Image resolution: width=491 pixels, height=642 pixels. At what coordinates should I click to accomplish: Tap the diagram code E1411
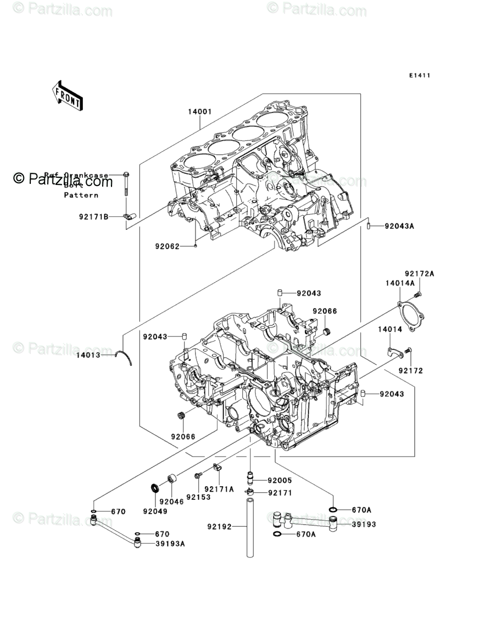click(x=419, y=76)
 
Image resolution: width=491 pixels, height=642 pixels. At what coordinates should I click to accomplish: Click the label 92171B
click(x=93, y=217)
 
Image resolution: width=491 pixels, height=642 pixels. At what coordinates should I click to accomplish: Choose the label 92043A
click(x=399, y=226)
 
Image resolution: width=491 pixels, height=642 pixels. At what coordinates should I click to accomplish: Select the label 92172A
click(x=420, y=273)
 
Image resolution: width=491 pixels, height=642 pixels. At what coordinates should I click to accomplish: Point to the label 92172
click(x=411, y=371)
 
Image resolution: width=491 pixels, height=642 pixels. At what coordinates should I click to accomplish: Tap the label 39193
click(x=364, y=524)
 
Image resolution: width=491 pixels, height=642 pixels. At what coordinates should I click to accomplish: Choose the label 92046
click(x=172, y=502)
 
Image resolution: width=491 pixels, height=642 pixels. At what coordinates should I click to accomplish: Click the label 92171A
click(x=219, y=488)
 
